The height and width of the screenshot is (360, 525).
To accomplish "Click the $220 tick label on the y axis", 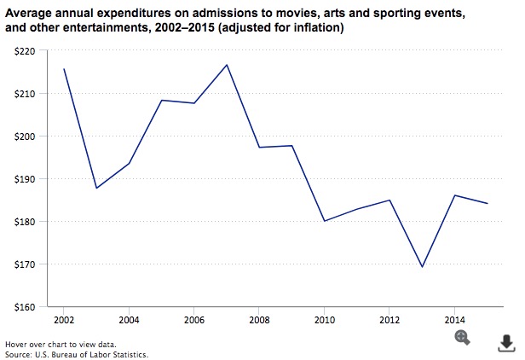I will point(26,51).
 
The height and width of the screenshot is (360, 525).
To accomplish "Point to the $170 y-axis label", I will point(26,264).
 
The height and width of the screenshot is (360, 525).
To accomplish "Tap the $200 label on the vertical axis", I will point(26,136).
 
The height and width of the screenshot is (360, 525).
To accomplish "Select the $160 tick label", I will point(26,307).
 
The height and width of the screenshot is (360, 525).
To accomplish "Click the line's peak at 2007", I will point(226,65).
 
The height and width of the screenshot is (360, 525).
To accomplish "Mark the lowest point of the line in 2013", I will point(422,267).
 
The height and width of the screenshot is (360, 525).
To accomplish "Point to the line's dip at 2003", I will point(95,188).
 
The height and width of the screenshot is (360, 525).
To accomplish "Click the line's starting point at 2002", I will point(63,69).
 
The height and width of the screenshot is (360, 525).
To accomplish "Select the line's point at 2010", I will point(324,221).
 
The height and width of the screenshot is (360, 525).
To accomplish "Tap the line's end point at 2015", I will point(487,203).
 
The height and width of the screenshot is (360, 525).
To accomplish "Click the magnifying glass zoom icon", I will point(463,337).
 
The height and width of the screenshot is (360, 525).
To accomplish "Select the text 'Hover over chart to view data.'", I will point(49,343).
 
